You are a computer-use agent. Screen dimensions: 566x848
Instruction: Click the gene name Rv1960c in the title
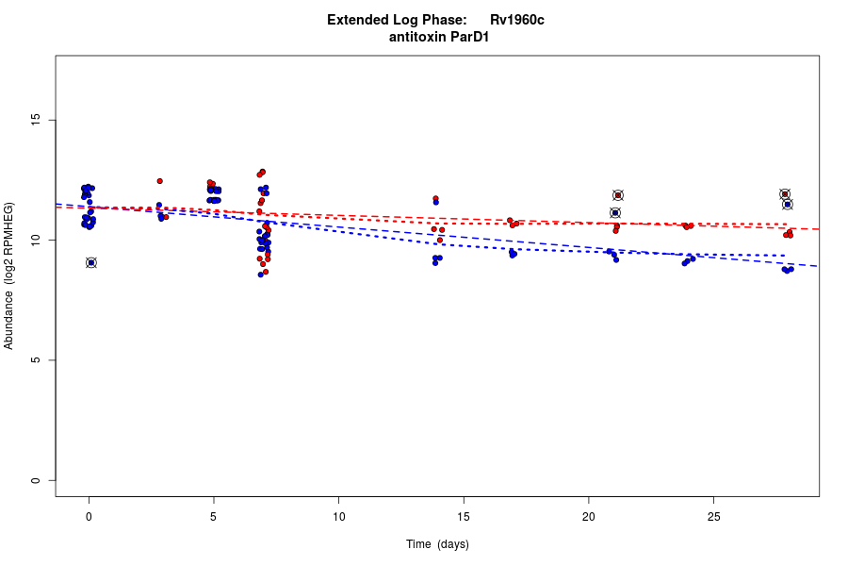point(516,20)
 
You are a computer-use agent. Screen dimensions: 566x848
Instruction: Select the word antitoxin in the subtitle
point(415,38)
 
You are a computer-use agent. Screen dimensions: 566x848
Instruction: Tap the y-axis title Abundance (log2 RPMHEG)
point(9,275)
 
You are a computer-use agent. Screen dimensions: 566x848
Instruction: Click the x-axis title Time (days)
point(437,544)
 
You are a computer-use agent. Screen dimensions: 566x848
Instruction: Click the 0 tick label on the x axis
point(89,516)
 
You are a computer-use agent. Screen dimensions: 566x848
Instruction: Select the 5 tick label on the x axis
point(214,516)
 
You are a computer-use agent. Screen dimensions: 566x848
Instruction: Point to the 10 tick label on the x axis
point(338,516)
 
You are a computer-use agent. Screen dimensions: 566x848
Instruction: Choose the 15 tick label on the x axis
point(464,516)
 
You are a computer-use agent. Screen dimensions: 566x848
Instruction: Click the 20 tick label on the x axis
point(588,516)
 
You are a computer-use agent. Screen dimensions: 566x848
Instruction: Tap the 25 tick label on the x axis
point(713,516)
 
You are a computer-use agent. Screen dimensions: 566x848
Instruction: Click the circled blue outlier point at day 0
point(91,262)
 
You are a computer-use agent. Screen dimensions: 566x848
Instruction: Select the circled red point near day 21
point(618,195)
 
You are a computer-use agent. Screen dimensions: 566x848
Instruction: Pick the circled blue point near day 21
point(615,213)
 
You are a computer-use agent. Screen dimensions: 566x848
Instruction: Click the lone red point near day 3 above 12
point(160,181)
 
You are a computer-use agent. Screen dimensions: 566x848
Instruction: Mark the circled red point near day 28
point(785,194)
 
